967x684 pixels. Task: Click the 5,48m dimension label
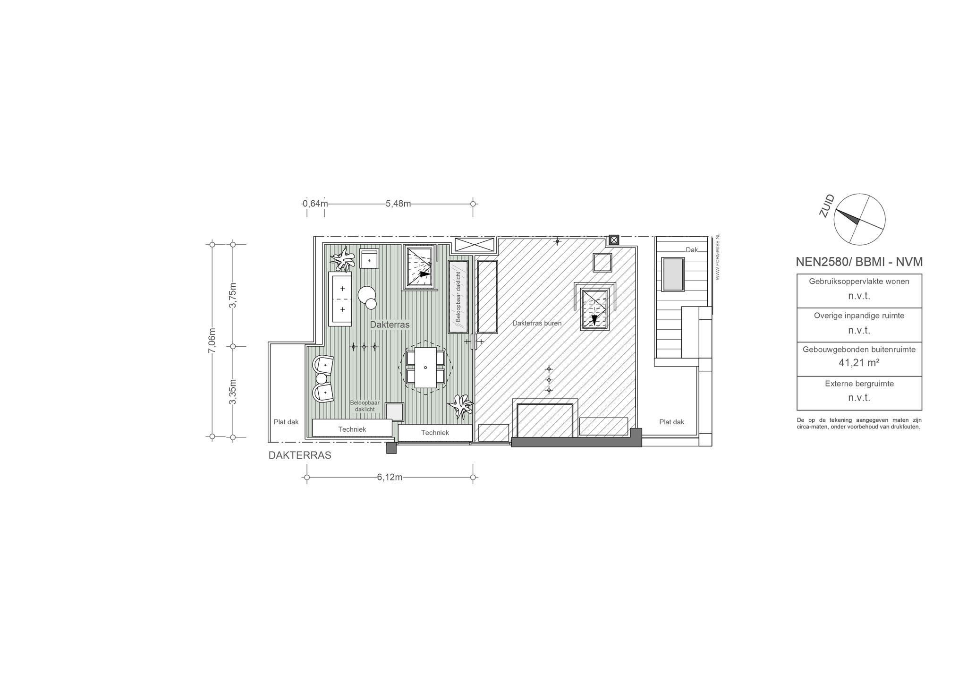coord(398,204)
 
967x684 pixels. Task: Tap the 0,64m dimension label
coord(315,204)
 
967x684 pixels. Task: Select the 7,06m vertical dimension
coord(212,341)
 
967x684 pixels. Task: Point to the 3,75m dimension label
coord(233,295)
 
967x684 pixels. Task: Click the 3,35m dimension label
coord(233,392)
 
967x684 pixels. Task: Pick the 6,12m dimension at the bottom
coord(390,477)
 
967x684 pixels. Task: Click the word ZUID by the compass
coord(827,206)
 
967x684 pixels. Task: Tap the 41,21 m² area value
coord(859,363)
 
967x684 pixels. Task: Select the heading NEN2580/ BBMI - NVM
coord(859,262)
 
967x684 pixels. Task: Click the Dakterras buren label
coord(537,324)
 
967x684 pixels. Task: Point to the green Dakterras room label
coord(390,325)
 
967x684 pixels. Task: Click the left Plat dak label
coord(286,422)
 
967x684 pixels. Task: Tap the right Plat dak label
coord(671,422)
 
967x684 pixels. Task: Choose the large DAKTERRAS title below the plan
coord(300,455)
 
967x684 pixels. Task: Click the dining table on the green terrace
coord(425,368)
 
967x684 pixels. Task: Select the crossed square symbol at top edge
coord(614,240)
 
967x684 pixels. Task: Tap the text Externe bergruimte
coord(859,384)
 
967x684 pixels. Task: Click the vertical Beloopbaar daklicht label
coord(458,297)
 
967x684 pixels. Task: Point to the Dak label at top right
coord(692,250)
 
